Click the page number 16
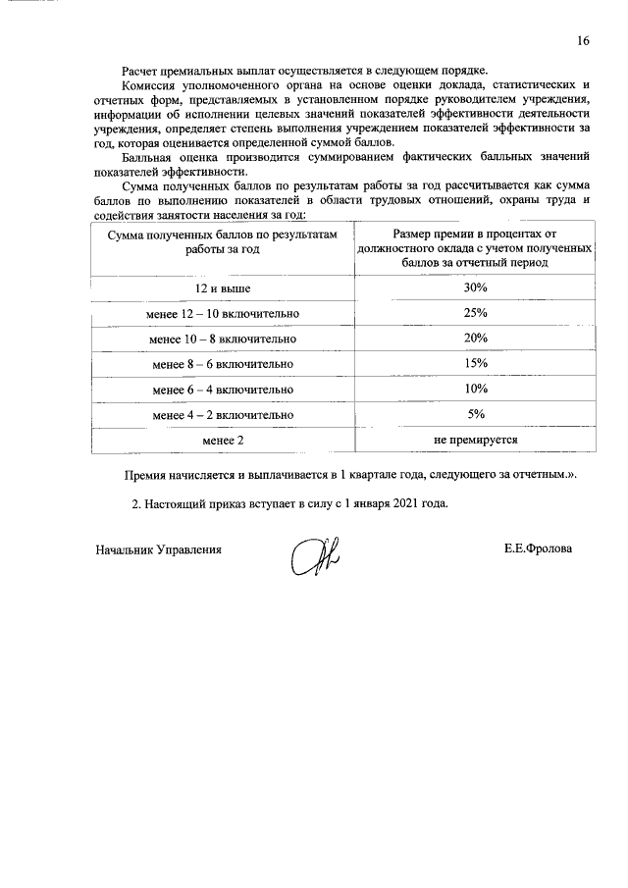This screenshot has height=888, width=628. click(x=583, y=41)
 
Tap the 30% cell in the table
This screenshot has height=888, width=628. click(x=475, y=287)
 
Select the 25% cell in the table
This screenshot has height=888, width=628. click(x=475, y=313)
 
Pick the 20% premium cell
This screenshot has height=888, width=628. click(x=475, y=339)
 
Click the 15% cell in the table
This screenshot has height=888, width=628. click(x=475, y=364)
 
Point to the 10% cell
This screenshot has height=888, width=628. click(x=475, y=390)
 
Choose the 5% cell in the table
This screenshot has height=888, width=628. click(x=476, y=414)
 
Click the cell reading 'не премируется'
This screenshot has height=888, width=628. click(x=475, y=441)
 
